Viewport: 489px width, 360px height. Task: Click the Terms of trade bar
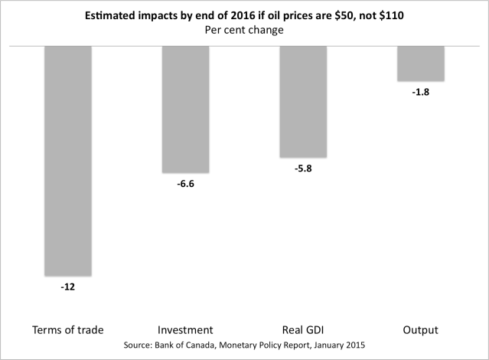pyautogui.click(x=67, y=160)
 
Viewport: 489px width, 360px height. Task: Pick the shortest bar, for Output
pyautogui.click(x=421, y=64)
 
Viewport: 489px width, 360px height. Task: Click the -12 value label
pyautogui.click(x=68, y=287)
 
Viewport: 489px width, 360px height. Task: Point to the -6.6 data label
pyautogui.click(x=185, y=185)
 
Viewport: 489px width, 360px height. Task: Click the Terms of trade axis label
pyautogui.click(x=68, y=330)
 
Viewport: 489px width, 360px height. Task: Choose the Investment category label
pyautogui.click(x=185, y=330)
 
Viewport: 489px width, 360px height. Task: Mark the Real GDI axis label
pyautogui.click(x=303, y=330)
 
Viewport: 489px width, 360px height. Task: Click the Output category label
pyautogui.click(x=421, y=330)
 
